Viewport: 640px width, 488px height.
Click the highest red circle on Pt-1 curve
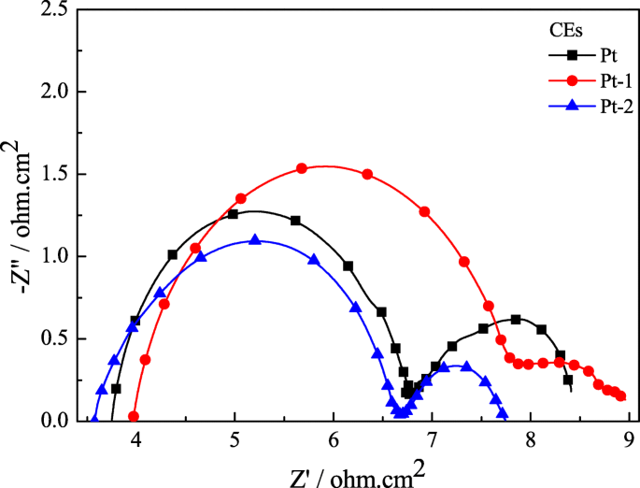pos(302,168)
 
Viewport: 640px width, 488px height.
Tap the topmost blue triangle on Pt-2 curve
pos(254,240)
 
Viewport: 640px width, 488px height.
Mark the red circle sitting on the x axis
pos(134,417)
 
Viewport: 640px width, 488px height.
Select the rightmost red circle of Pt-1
pos(621,396)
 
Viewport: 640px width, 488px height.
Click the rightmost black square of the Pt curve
pos(567,380)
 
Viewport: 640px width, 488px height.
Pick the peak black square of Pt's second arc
pos(516,319)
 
